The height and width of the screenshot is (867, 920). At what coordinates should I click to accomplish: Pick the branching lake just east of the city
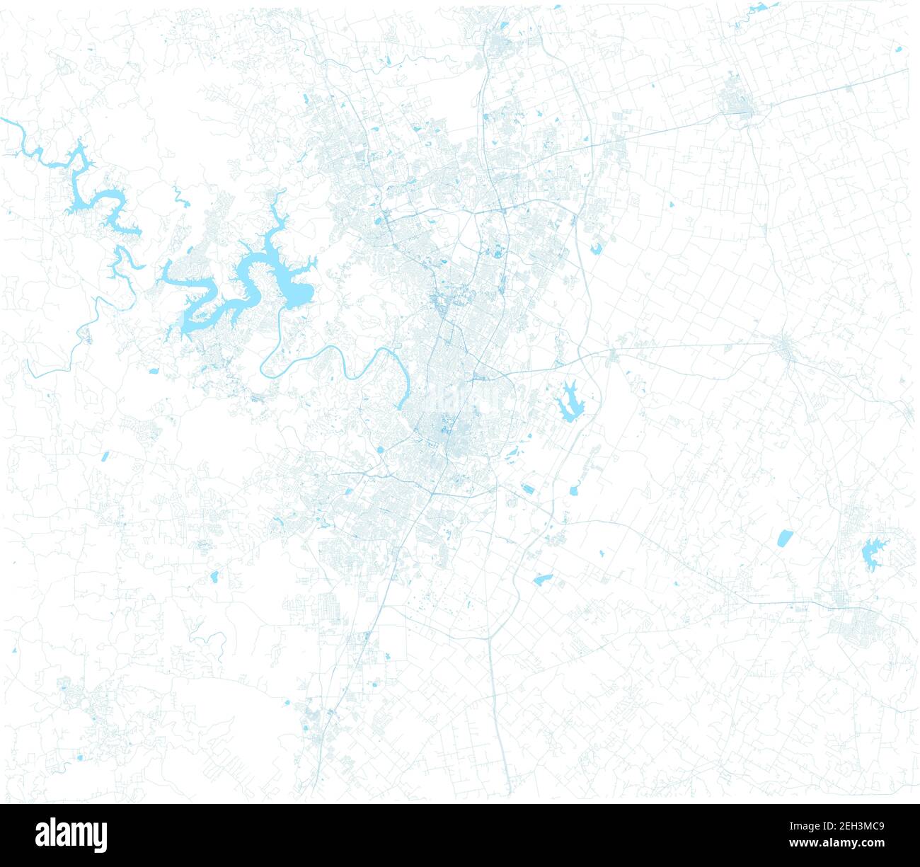[569, 403]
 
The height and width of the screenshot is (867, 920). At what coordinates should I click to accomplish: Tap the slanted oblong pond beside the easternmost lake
[783, 539]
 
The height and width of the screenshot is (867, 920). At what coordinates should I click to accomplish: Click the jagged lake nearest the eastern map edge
[873, 553]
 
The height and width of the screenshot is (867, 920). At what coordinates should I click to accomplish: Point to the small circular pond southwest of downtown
[380, 449]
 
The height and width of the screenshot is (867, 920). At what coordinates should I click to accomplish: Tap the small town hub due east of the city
[783, 346]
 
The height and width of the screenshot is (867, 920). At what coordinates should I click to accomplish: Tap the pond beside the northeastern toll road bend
[597, 248]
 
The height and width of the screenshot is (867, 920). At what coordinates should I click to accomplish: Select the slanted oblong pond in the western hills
[105, 457]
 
